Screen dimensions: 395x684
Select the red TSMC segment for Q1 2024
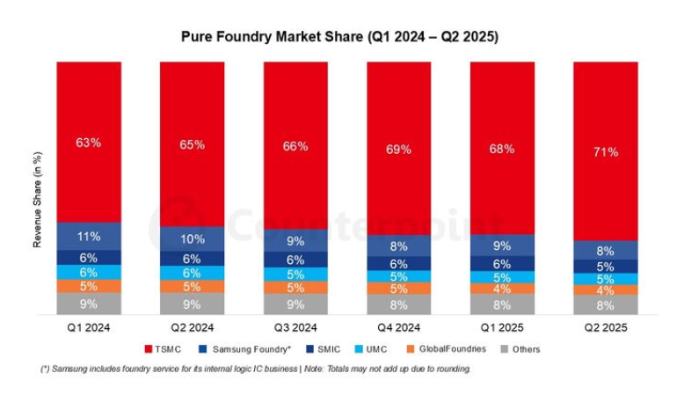[89, 141]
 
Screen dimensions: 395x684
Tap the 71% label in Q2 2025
[605, 151]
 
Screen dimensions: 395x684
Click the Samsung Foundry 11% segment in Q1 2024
[89, 236]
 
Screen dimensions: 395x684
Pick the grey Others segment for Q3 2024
[295, 304]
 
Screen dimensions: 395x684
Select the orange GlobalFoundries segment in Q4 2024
[398, 289]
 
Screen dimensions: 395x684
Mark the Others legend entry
[522, 349]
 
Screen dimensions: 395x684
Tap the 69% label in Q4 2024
[398, 149]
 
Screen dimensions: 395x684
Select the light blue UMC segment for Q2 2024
[192, 274]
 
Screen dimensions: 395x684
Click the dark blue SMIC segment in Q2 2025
[605, 266]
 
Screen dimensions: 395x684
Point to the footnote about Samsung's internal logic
[255, 369]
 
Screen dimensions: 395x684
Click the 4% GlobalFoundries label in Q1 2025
[501, 289]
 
